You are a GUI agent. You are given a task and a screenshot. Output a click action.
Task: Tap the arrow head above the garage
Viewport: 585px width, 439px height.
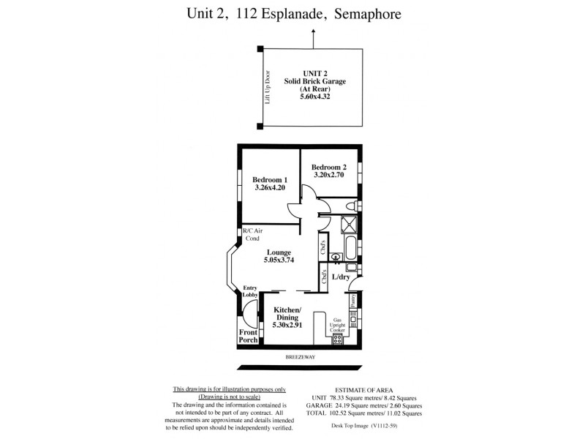tap(314, 32)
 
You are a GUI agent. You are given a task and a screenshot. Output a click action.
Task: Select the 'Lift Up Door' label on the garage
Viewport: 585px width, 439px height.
tap(268, 88)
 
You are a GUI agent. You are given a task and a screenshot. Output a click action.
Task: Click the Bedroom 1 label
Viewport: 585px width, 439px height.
tap(270, 180)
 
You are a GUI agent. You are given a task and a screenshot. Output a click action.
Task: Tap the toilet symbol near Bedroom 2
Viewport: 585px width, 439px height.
tap(349, 206)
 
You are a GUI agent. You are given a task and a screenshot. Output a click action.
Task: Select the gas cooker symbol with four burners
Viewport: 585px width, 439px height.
tap(337, 338)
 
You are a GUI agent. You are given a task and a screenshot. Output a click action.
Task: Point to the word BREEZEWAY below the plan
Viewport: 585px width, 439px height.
tap(298, 356)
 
